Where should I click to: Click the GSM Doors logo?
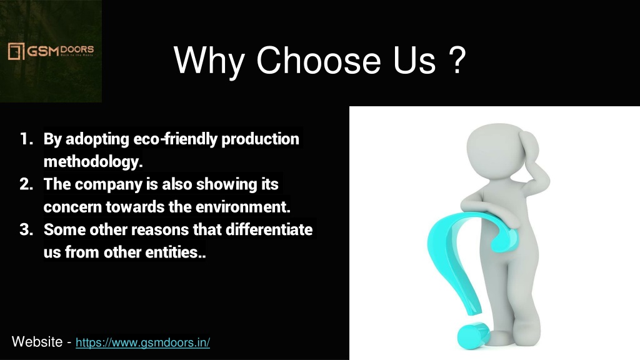[51, 51]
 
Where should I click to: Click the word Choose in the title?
[318, 60]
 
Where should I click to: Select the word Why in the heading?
[209, 62]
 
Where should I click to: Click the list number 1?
[26, 139]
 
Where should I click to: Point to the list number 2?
[26, 184]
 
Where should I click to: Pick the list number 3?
[26, 229]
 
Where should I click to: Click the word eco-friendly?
[176, 139]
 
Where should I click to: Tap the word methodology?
[93, 162]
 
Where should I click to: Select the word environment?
[243, 207]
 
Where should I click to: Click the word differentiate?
[269, 229]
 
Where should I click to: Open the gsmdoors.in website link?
[143, 342]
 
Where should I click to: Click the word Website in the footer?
[37, 342]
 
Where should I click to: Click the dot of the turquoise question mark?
[473, 335]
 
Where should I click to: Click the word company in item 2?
[108, 184]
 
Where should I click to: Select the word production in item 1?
[260, 139]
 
